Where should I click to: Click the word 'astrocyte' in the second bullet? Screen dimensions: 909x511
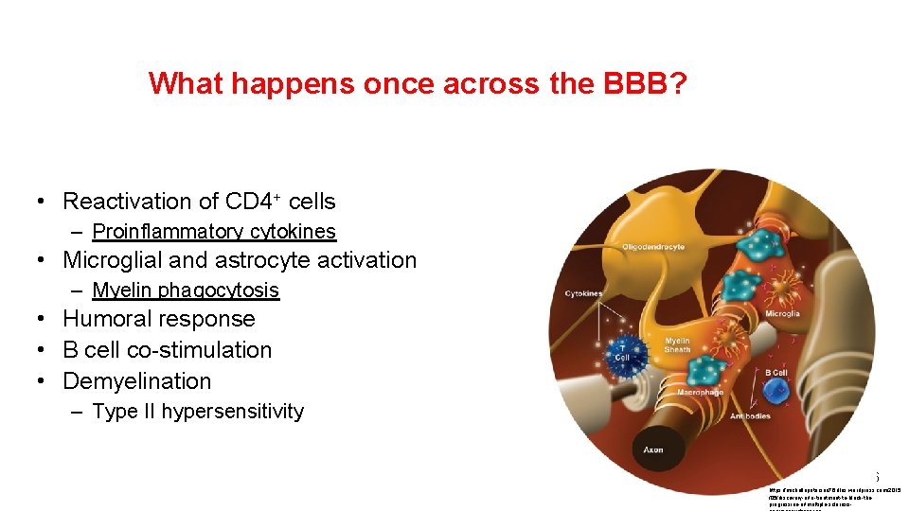point(261,260)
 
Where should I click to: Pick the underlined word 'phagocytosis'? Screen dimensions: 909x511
point(220,291)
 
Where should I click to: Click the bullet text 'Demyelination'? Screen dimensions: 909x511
point(137,381)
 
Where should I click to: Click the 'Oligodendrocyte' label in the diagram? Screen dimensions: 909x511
point(653,247)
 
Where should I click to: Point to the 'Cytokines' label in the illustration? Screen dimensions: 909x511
point(584,293)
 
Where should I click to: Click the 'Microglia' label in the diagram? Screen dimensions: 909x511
point(782,313)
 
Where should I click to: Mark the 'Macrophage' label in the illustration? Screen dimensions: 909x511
point(700,392)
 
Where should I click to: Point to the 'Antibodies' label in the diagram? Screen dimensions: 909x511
point(750,416)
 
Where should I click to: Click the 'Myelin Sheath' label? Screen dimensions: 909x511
point(677,345)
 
